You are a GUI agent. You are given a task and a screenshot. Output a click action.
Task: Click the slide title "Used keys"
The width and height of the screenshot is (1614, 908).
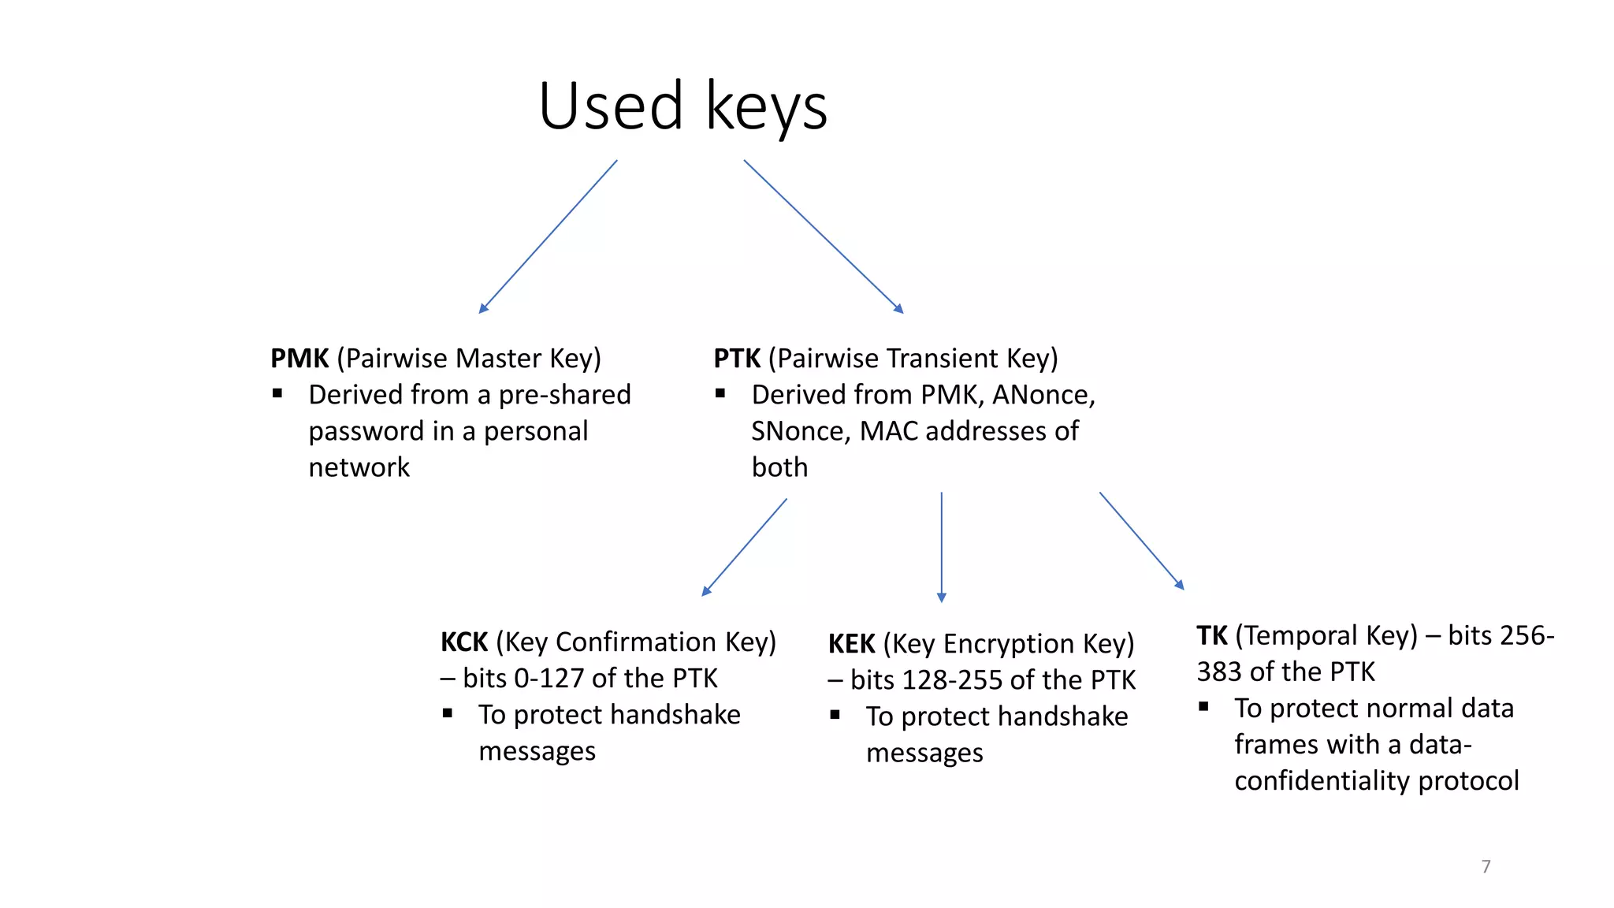pyautogui.click(x=682, y=106)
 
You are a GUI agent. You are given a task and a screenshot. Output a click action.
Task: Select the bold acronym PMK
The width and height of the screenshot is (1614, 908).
pyautogui.click(x=299, y=359)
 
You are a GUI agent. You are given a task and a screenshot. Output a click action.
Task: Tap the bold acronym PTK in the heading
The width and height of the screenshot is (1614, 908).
pyautogui.click(x=736, y=359)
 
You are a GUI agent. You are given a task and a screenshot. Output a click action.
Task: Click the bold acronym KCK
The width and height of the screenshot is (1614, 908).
pyautogui.click(x=464, y=642)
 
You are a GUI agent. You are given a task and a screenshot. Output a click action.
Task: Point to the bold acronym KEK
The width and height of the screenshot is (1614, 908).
pyautogui.click(x=851, y=644)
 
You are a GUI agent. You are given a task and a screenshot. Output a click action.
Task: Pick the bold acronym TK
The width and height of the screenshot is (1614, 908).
pyautogui.click(x=1211, y=635)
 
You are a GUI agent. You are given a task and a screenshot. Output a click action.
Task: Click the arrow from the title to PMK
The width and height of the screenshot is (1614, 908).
pyautogui.click(x=549, y=236)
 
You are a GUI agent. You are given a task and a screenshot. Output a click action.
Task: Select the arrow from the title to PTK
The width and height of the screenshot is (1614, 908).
pyautogui.click(x=823, y=236)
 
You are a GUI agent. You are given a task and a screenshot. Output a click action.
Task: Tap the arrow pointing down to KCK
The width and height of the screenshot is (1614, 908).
pyautogui.click(x=745, y=547)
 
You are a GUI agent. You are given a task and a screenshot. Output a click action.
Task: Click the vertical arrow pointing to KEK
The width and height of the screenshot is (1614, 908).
pyautogui.click(x=941, y=547)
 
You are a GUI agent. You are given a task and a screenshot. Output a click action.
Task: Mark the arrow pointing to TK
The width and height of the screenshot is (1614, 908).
pyautogui.click(x=1141, y=541)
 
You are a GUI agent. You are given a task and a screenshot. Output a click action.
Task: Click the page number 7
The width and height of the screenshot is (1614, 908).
pyautogui.click(x=1486, y=866)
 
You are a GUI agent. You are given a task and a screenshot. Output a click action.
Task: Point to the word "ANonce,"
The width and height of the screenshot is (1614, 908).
pyautogui.click(x=1043, y=395)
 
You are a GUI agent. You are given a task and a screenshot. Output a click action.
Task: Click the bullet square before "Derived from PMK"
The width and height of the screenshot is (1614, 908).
pyautogui.click(x=720, y=393)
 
